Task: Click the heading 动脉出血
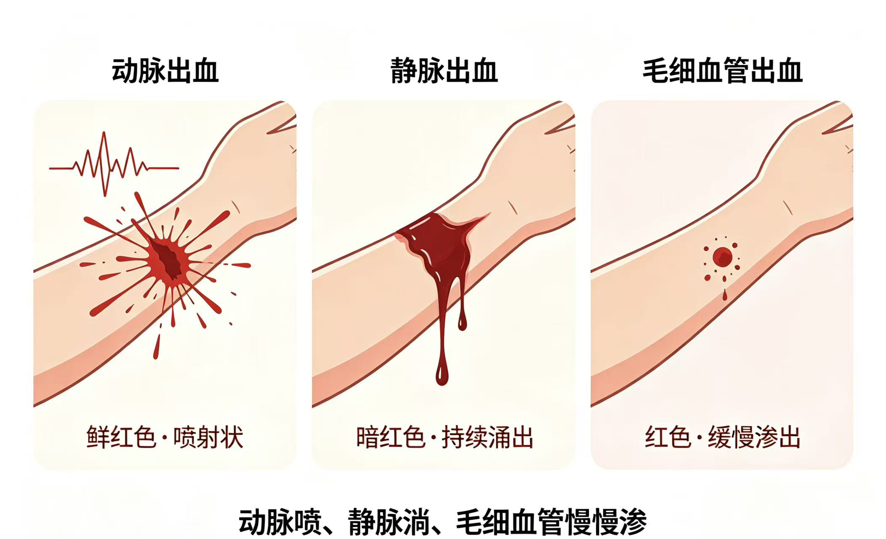(x=165, y=70)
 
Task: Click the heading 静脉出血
(x=444, y=70)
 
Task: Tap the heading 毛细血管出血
(x=722, y=70)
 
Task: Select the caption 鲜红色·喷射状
(x=165, y=437)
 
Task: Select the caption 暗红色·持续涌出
(x=444, y=437)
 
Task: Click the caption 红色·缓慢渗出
(x=722, y=437)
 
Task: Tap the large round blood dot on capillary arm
(x=722, y=257)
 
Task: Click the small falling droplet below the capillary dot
(x=724, y=295)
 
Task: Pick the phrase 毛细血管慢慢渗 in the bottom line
(x=551, y=522)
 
